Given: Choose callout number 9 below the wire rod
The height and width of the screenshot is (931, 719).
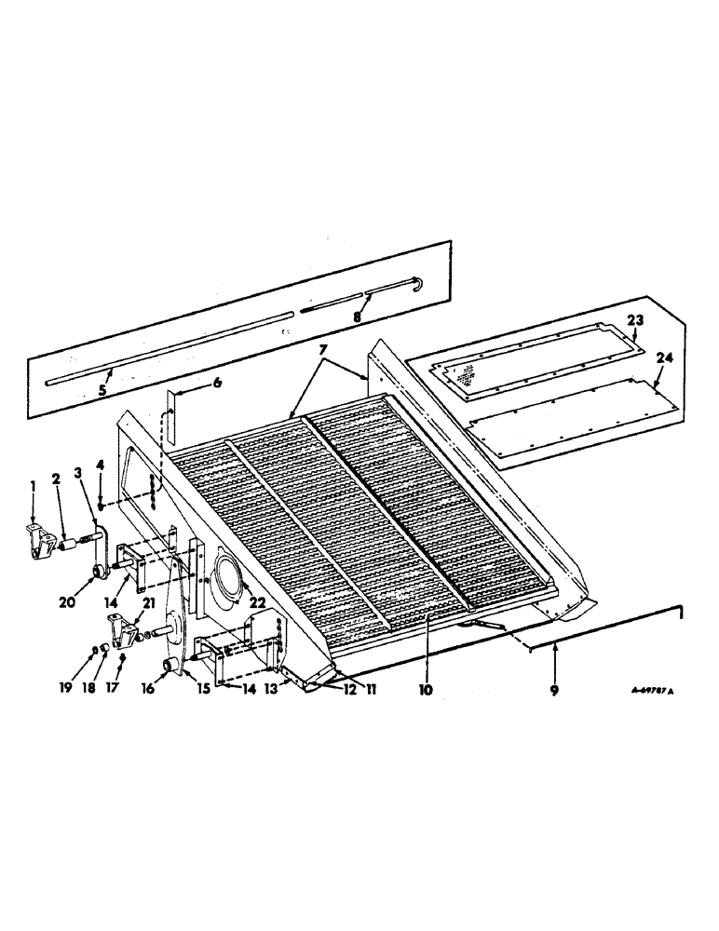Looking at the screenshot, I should (555, 691).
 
